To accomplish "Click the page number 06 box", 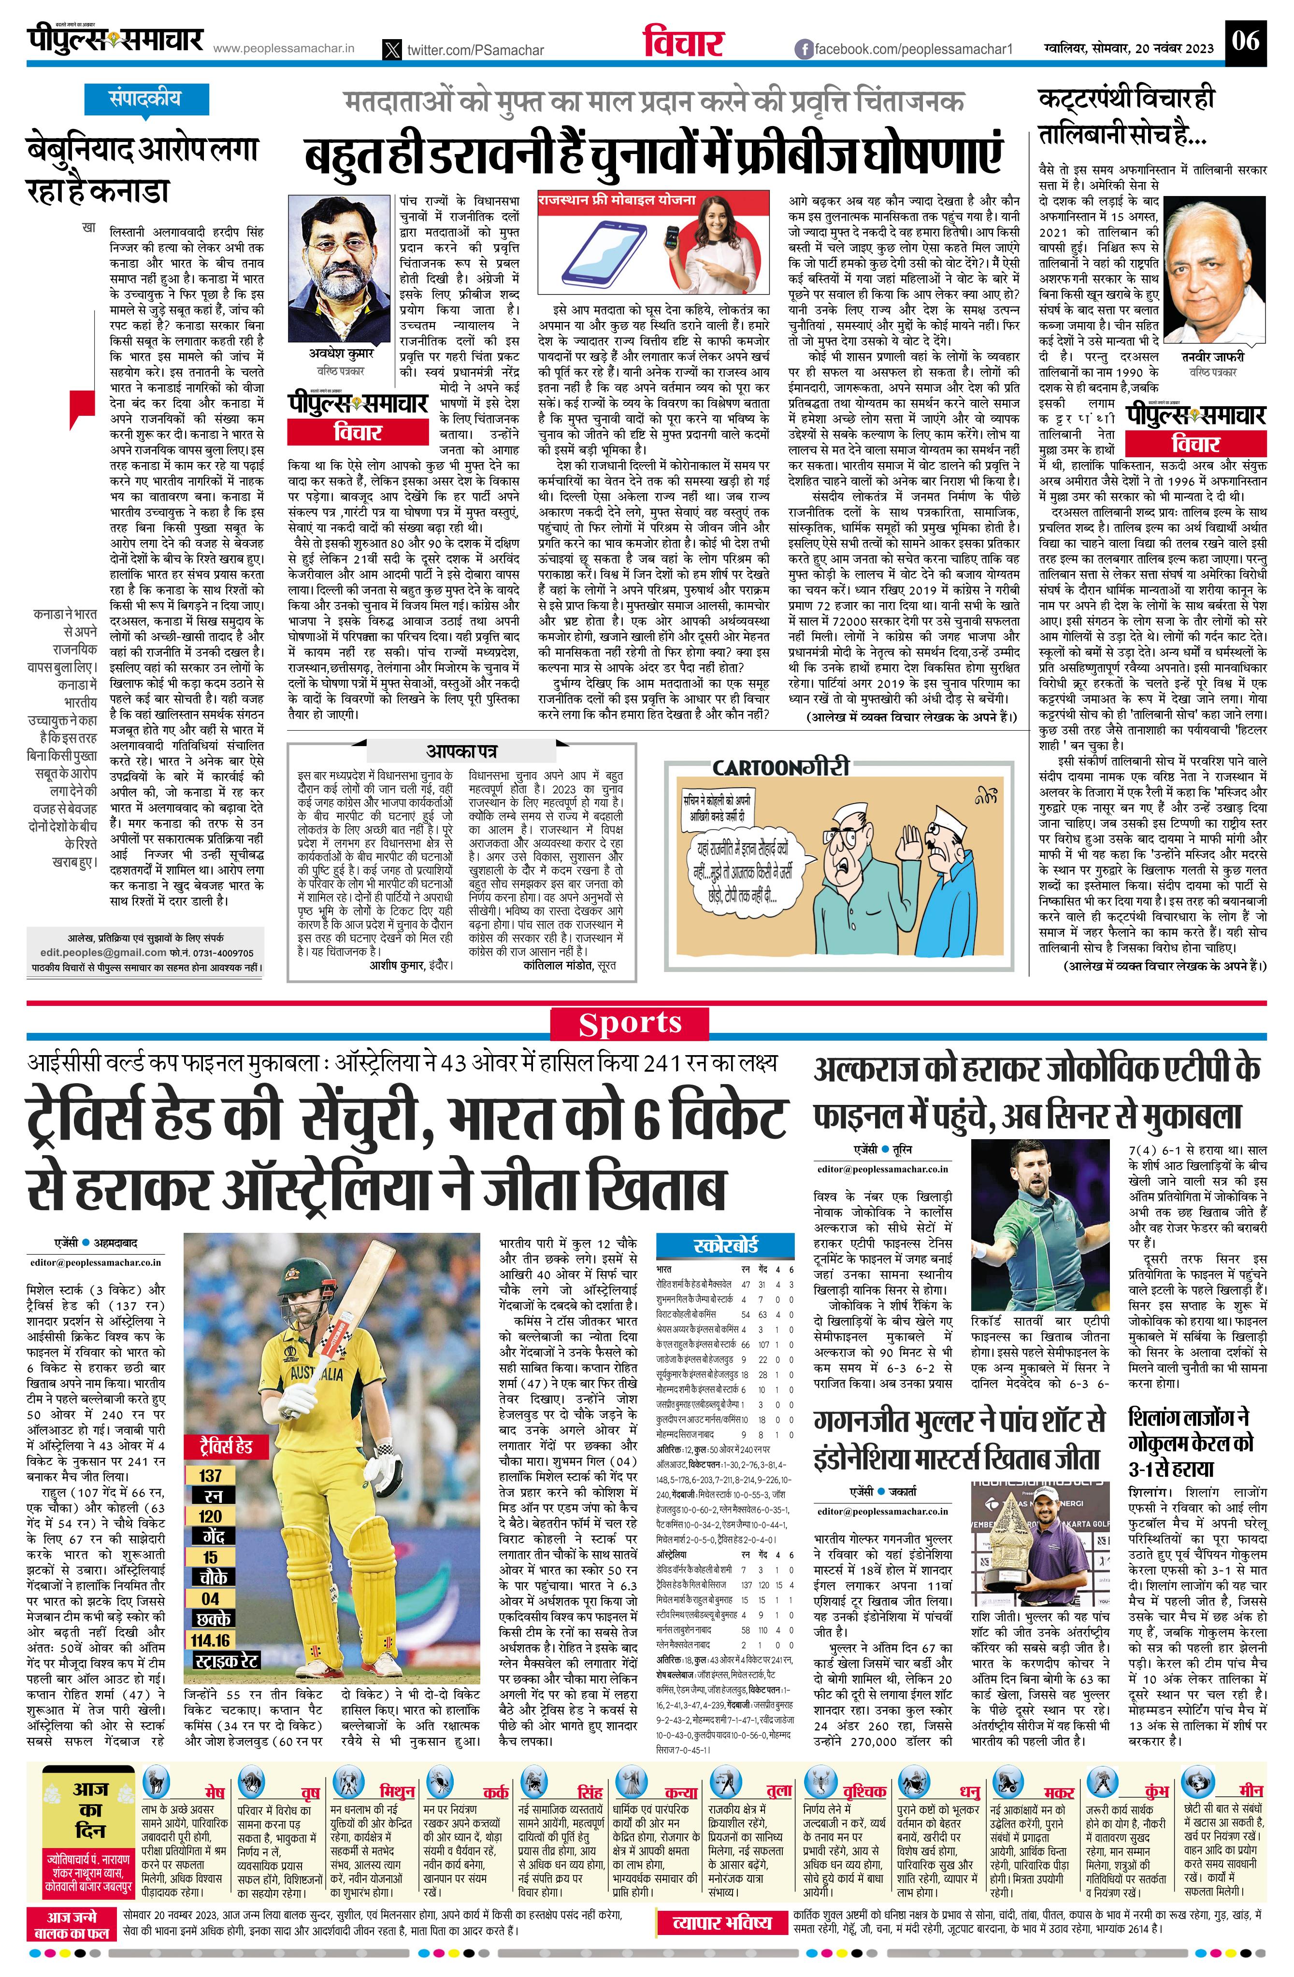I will click(1245, 41).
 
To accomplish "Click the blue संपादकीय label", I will click(144, 99).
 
